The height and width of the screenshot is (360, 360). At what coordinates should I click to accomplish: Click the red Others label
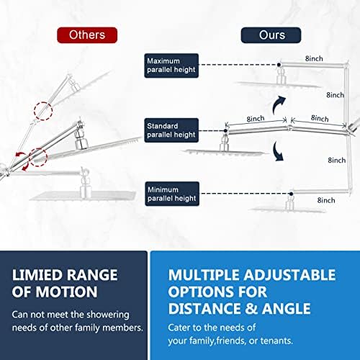[87, 35]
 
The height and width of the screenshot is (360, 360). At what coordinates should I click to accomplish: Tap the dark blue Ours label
[271, 35]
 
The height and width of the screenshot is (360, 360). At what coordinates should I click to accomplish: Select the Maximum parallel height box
[171, 66]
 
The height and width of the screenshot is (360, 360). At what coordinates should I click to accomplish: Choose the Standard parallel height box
[171, 130]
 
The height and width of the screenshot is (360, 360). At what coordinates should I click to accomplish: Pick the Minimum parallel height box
[172, 194]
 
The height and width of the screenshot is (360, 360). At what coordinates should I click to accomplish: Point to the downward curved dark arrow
[278, 152]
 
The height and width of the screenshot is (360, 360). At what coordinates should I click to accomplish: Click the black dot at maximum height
[279, 65]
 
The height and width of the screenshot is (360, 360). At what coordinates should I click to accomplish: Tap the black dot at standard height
[225, 131]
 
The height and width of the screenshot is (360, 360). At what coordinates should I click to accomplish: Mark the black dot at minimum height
[291, 194]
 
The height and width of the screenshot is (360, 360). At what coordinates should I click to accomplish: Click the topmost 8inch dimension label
[314, 58]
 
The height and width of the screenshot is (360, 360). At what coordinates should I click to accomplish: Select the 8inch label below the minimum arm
[326, 200]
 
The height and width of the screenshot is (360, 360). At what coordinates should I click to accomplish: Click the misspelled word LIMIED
[37, 275]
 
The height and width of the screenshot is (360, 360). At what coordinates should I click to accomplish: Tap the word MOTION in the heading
[66, 292]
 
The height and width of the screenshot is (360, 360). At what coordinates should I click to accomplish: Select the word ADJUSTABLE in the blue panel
[289, 275]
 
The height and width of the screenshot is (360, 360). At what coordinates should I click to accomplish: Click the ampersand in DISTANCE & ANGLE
[252, 308]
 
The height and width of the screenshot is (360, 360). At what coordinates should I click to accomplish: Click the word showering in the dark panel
[108, 315]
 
